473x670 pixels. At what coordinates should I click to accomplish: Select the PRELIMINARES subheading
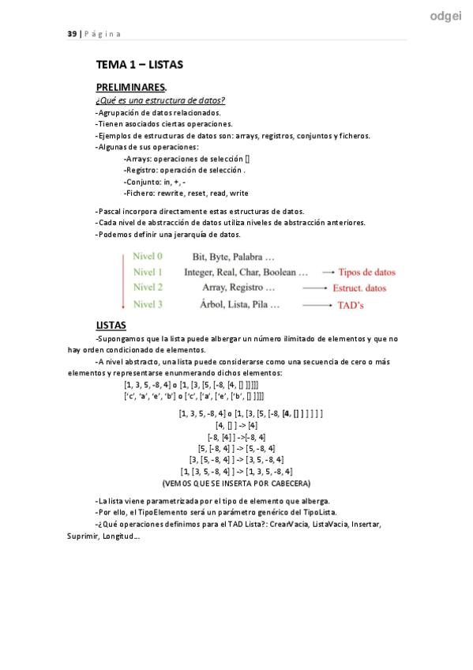pyautogui.click(x=132, y=87)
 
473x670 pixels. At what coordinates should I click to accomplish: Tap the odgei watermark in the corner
pyautogui.click(x=446, y=15)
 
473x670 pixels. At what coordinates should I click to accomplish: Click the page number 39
pyautogui.click(x=72, y=33)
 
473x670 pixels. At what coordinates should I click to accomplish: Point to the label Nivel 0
pyautogui.click(x=148, y=256)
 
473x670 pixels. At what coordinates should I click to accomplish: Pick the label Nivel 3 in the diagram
pyautogui.click(x=148, y=303)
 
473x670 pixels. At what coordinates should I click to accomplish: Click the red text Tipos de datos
pyautogui.click(x=367, y=272)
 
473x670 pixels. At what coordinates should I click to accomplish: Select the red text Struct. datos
pyautogui.click(x=359, y=288)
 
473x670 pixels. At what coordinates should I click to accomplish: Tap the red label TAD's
pyautogui.click(x=351, y=304)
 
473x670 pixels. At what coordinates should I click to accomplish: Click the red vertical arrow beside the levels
pyautogui.click(x=123, y=280)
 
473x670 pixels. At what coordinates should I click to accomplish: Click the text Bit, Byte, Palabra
pyautogui.click(x=234, y=257)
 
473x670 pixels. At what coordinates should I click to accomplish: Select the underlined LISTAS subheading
pyautogui.click(x=111, y=325)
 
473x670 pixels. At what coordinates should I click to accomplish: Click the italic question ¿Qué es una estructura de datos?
pyautogui.click(x=160, y=100)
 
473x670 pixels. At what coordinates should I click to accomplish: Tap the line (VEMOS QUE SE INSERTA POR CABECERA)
pyautogui.click(x=236, y=482)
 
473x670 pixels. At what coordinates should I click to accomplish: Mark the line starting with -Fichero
pyautogui.click(x=186, y=193)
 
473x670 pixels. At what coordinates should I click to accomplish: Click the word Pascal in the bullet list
pyautogui.click(x=111, y=211)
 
